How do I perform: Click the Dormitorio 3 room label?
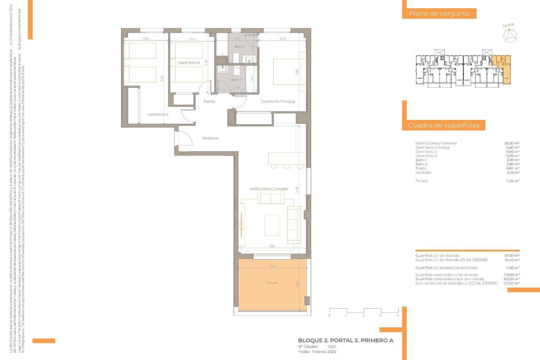coord(189,63)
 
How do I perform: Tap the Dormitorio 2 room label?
coord(157,114)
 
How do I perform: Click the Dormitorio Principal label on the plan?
coord(278,101)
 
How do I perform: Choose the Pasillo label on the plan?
coord(209,101)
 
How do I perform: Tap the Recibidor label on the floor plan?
coord(210,138)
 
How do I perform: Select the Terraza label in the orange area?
coord(271,283)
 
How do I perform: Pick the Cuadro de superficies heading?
coord(444,126)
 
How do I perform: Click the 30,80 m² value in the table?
coord(512,143)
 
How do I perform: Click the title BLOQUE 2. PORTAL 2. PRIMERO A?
coord(346,341)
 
